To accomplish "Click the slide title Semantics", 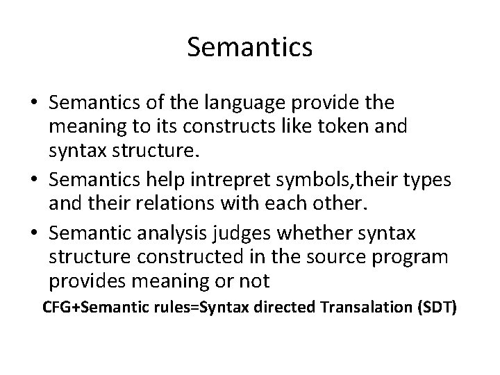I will (249, 48).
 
